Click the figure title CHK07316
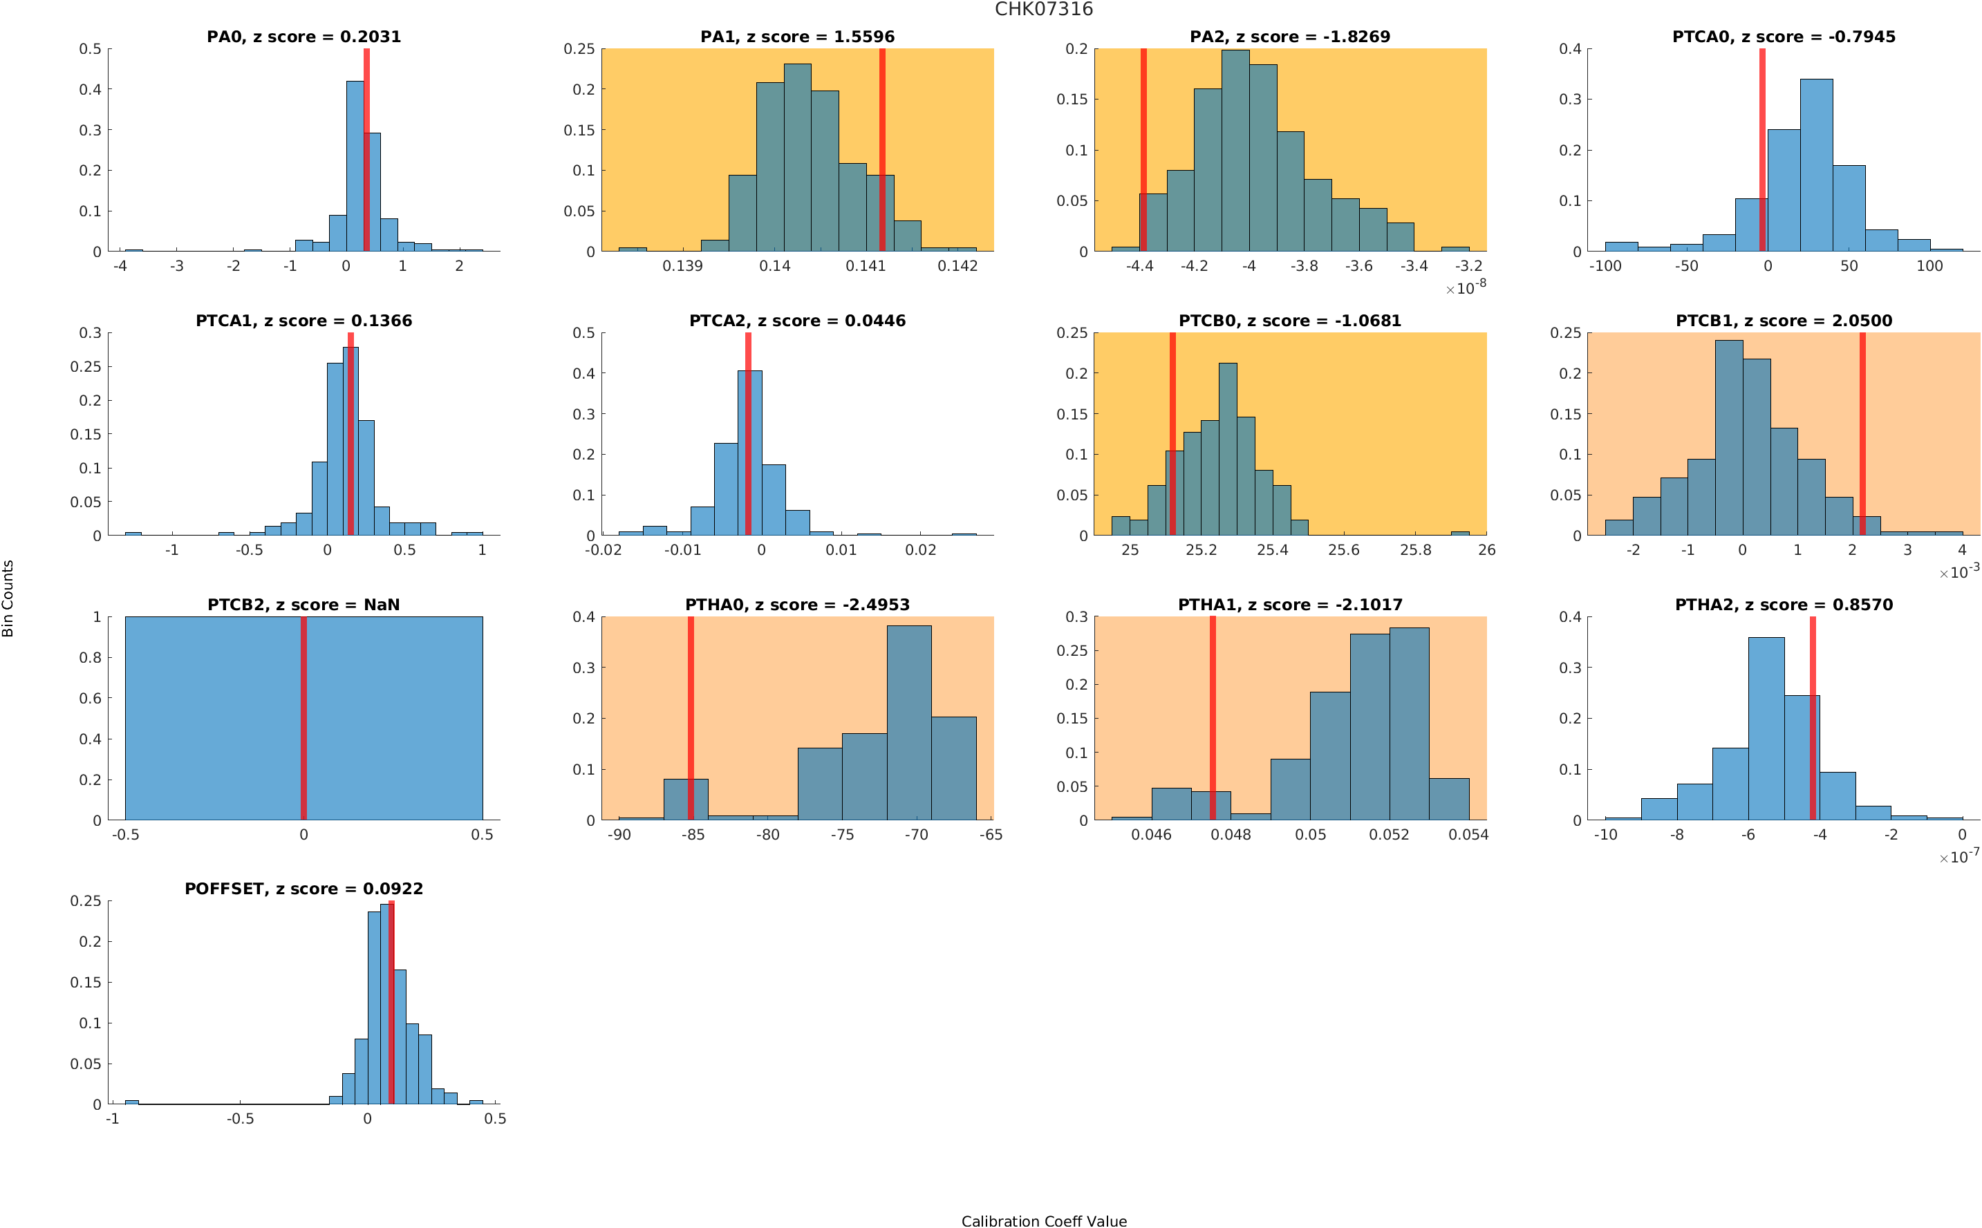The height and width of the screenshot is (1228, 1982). point(1043,9)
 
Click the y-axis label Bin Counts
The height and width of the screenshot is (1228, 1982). point(8,598)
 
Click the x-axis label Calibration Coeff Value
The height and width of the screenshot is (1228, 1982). point(1043,1220)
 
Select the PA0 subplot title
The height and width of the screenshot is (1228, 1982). point(303,37)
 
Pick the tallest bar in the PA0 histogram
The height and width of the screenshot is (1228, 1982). point(354,167)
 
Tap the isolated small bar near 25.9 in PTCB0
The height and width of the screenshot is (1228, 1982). point(1459,533)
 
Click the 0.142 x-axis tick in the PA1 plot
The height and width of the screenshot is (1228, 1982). point(957,266)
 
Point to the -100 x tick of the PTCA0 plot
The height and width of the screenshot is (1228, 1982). point(1605,266)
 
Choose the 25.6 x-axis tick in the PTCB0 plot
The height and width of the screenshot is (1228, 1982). point(1343,550)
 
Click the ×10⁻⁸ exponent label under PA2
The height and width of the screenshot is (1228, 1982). point(1465,287)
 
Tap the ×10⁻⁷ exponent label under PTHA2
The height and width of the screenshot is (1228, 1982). point(1958,856)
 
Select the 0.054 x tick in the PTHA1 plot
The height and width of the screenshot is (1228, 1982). point(1468,834)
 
